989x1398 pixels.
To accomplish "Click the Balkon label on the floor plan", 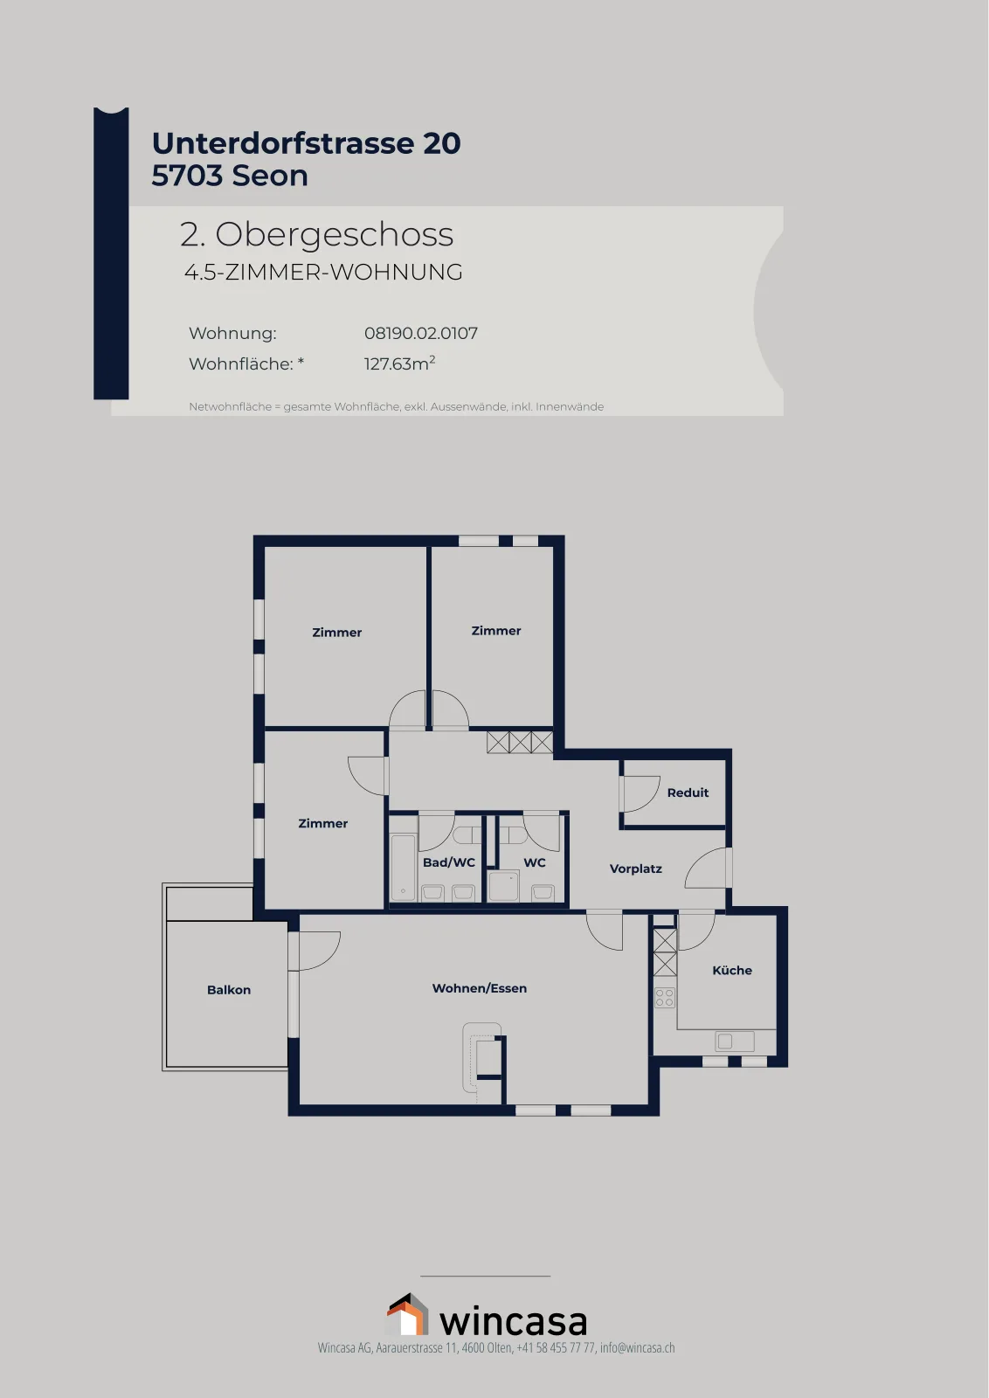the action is click(x=228, y=990).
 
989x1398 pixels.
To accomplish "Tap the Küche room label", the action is click(x=732, y=971).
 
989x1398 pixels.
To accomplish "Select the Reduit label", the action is click(x=688, y=792).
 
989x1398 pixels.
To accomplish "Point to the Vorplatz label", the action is click(x=635, y=869).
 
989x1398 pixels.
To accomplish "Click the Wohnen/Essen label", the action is click(x=480, y=988).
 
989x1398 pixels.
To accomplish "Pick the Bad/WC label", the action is click(x=449, y=862).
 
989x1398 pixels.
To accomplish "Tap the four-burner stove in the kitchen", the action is click(x=665, y=997).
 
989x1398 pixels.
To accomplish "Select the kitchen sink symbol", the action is click(x=735, y=1041).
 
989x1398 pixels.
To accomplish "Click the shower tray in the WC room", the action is click(x=503, y=886).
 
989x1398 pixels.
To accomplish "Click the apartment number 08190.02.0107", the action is click(x=420, y=333).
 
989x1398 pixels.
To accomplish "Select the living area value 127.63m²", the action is click(x=399, y=363).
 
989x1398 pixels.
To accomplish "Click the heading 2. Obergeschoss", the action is click(x=316, y=235).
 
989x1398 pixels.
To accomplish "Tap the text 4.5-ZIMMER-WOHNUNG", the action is click(x=323, y=272).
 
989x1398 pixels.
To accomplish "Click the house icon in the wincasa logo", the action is click(x=407, y=1314).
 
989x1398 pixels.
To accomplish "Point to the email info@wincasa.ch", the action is click(x=637, y=1347).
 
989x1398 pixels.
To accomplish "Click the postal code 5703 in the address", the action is click(x=187, y=176).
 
